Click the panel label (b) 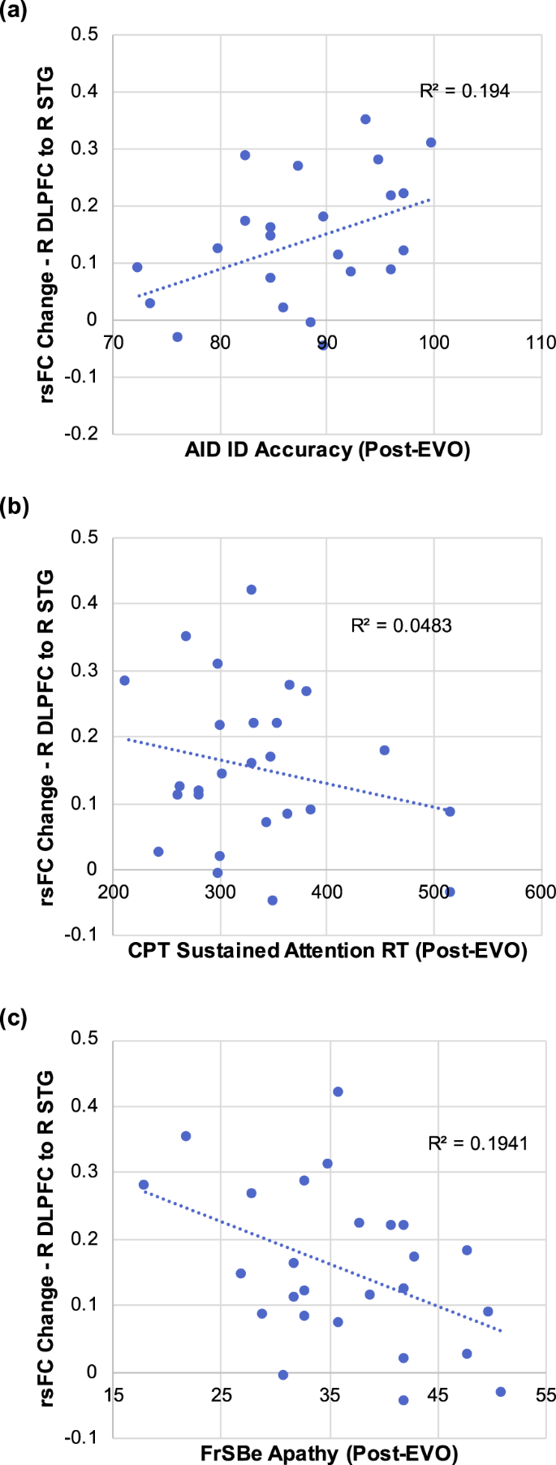[x=15, y=508]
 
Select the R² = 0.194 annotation [x=464, y=91]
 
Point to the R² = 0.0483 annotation [x=401, y=625]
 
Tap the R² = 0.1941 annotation [x=478, y=1143]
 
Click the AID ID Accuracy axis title [x=327, y=450]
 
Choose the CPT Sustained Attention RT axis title [x=327, y=951]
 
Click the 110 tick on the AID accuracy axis [x=541, y=342]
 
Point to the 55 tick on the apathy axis [x=545, y=1395]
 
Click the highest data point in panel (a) [x=365, y=119]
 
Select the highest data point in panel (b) [x=252, y=590]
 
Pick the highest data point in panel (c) [x=338, y=1091]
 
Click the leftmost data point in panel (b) [x=124, y=681]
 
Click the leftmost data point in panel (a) [x=137, y=267]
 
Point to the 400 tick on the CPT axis [x=326, y=892]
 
